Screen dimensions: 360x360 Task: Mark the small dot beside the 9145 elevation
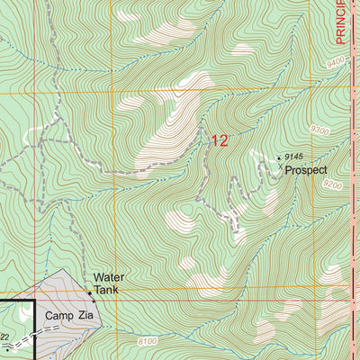point(278,157)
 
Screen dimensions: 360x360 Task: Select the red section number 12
point(220,140)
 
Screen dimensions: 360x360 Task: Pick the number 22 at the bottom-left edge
point(4,336)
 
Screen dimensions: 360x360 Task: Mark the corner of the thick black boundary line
point(34,301)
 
